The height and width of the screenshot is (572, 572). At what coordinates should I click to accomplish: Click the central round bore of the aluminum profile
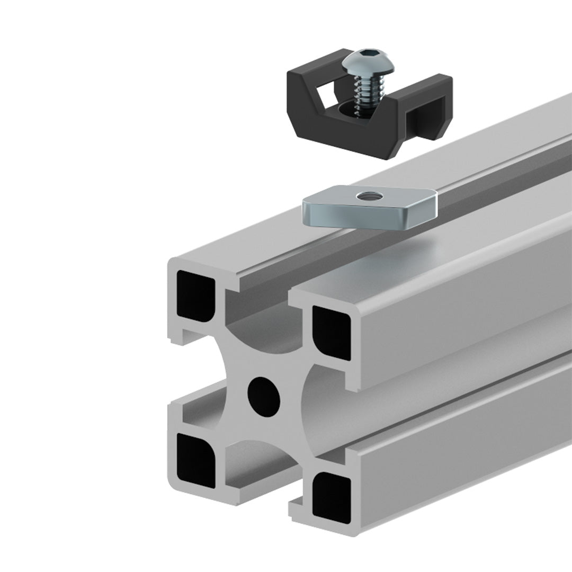pyautogui.click(x=264, y=395)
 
